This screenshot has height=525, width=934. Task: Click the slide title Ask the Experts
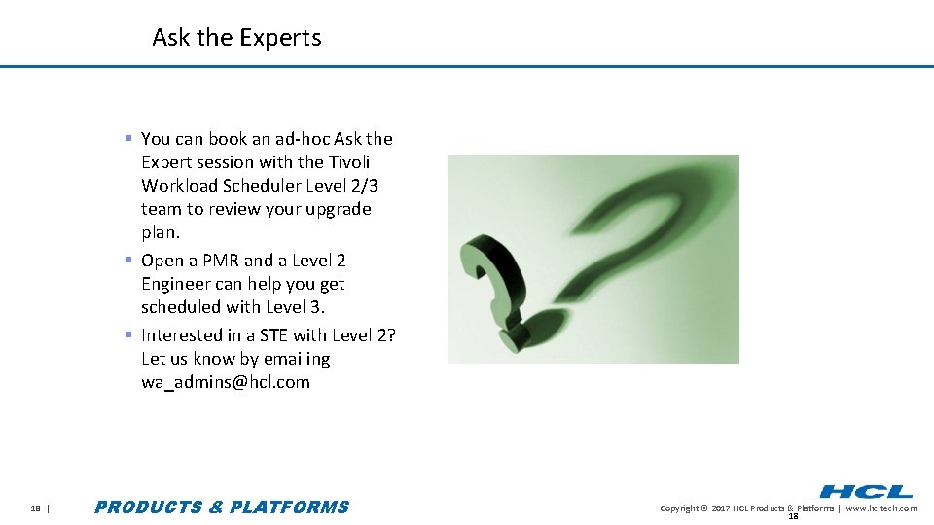(236, 38)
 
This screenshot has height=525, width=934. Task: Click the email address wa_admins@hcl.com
(226, 382)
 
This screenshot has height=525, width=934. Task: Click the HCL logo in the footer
(866, 492)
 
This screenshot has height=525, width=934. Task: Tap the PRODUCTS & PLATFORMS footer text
(222, 507)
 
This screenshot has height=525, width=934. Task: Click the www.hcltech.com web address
(881, 508)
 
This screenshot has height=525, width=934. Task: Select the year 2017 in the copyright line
(720, 508)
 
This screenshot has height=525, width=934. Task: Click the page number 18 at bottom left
(35, 507)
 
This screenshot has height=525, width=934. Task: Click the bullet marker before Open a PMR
(128, 260)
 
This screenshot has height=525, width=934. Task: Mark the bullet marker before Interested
(128, 334)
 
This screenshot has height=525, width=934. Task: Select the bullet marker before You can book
(128, 138)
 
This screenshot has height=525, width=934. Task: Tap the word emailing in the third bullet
(297, 359)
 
